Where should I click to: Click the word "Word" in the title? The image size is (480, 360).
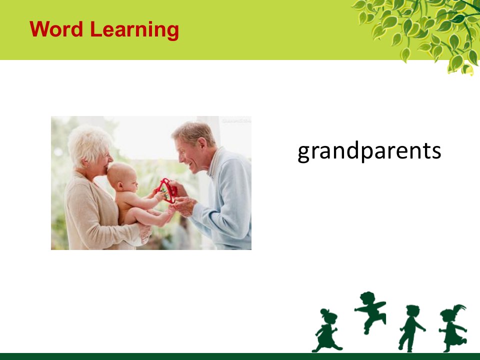click(56, 29)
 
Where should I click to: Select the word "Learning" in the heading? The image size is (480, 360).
click(134, 31)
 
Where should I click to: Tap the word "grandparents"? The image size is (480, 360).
click(369, 151)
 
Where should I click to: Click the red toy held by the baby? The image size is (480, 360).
click(167, 190)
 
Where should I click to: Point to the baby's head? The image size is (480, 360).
click(121, 177)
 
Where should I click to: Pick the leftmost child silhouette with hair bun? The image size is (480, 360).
click(326, 330)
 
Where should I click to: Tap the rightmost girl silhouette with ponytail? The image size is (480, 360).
click(453, 328)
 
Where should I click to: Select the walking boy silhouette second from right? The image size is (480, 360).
click(410, 328)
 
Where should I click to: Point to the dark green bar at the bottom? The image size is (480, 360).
click(240, 356)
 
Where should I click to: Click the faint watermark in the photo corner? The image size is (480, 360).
click(236, 120)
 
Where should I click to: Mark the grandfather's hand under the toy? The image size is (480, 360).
click(184, 206)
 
